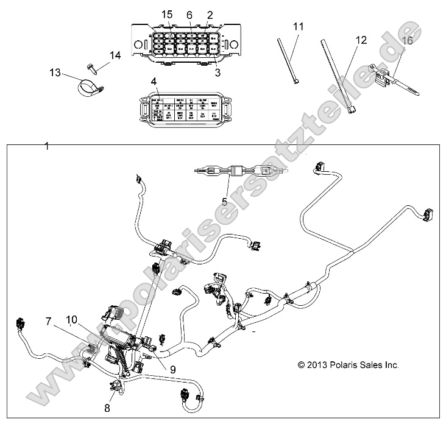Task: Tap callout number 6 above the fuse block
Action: pos(189,14)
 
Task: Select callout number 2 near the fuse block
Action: pos(210,14)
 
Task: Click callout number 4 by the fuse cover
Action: pos(154,80)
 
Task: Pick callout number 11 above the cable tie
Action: pos(298,26)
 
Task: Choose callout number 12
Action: pos(361,40)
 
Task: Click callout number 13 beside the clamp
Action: pos(56,73)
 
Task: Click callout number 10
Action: pos(72,319)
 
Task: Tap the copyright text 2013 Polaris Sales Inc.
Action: pos(348,365)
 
